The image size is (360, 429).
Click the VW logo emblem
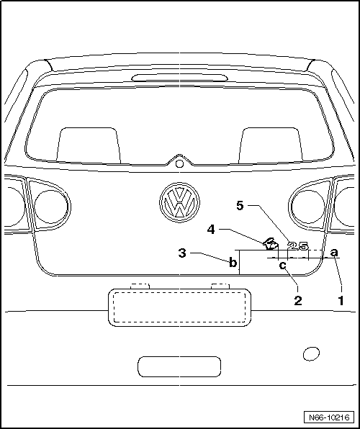[x=179, y=202]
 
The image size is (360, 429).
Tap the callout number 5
[x=240, y=205]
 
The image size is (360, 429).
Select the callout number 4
[x=211, y=230]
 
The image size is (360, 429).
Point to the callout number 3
[x=182, y=253]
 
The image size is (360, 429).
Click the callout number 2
[x=298, y=301]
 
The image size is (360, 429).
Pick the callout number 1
[x=341, y=301]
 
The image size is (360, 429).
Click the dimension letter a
[x=334, y=252]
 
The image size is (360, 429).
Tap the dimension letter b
[x=233, y=263]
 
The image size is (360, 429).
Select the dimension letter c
[x=283, y=265]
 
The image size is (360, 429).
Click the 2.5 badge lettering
[x=298, y=246]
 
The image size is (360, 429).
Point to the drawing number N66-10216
[x=329, y=417]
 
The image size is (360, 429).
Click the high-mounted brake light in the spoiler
[x=179, y=78]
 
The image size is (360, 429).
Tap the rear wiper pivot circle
[x=179, y=163]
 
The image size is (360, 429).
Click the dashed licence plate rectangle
[x=179, y=307]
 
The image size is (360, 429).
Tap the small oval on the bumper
[x=311, y=353]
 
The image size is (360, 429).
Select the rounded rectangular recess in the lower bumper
[x=179, y=366]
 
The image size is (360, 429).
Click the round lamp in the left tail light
[x=51, y=207]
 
